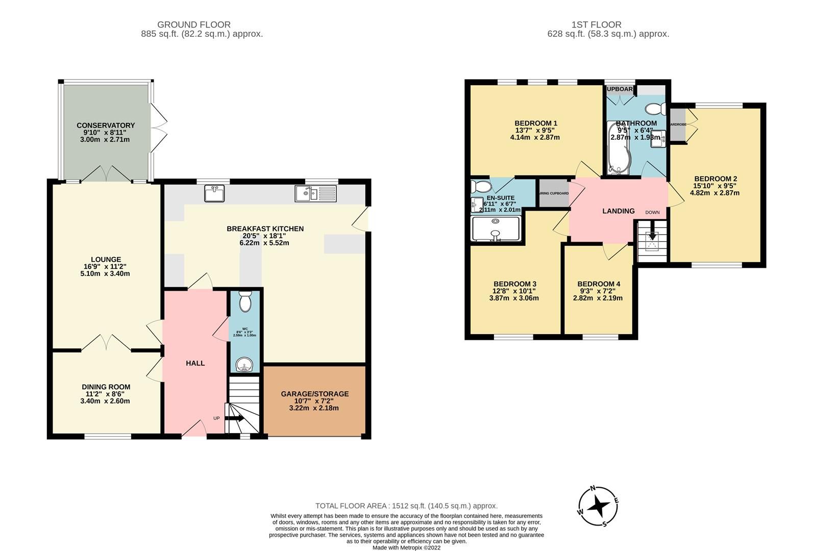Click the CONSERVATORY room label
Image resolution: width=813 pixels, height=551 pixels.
pyautogui.click(x=106, y=125)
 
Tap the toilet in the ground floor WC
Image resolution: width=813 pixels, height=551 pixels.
pyautogui.click(x=245, y=302)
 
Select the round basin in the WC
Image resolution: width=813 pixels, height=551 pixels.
pyautogui.click(x=245, y=364)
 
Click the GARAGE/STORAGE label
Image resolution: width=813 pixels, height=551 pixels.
pyautogui.click(x=314, y=394)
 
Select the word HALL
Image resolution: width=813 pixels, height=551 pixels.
pyautogui.click(x=195, y=363)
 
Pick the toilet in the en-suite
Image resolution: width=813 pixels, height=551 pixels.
pyautogui.click(x=479, y=185)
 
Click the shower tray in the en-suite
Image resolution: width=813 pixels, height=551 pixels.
pyautogui.click(x=496, y=229)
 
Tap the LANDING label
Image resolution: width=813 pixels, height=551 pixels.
pyautogui.click(x=618, y=211)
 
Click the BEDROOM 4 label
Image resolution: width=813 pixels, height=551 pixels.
pyautogui.click(x=598, y=284)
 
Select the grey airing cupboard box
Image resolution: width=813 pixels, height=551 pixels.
pyautogui.click(x=554, y=193)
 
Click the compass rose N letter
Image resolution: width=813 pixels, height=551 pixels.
pyautogui.click(x=593, y=488)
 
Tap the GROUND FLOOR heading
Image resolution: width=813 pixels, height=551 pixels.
pyautogui.click(x=193, y=24)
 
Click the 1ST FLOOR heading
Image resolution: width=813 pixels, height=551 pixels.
pyautogui.click(x=597, y=24)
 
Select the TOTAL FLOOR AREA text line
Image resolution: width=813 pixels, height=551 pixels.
pyautogui.click(x=406, y=506)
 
